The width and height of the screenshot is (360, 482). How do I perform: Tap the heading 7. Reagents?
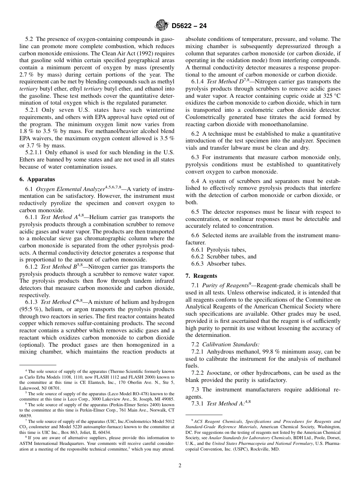[201, 275]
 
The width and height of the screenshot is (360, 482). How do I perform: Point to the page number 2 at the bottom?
[180, 466]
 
